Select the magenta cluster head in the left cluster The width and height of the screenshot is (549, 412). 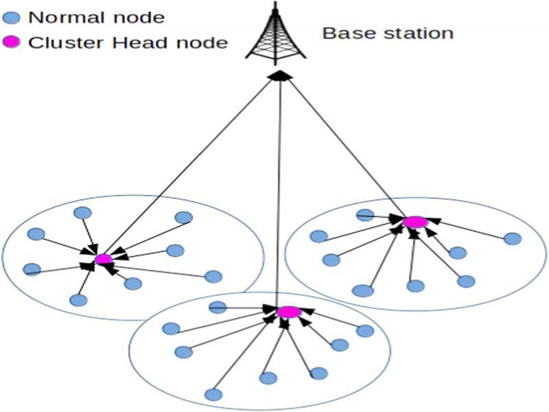click(103, 259)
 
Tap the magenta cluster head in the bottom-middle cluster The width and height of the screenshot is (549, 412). click(289, 312)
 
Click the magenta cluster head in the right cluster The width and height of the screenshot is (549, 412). click(414, 222)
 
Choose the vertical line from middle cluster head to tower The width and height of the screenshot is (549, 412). click(279, 192)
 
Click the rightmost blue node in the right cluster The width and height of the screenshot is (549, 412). click(512, 239)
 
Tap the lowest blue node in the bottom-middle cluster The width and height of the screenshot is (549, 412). click(213, 395)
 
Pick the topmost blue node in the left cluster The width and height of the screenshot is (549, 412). click(82, 212)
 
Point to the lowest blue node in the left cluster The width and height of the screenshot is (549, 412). click(78, 300)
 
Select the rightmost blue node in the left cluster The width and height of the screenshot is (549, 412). click(213, 277)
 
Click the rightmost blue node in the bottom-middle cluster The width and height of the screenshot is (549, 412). click(365, 331)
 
